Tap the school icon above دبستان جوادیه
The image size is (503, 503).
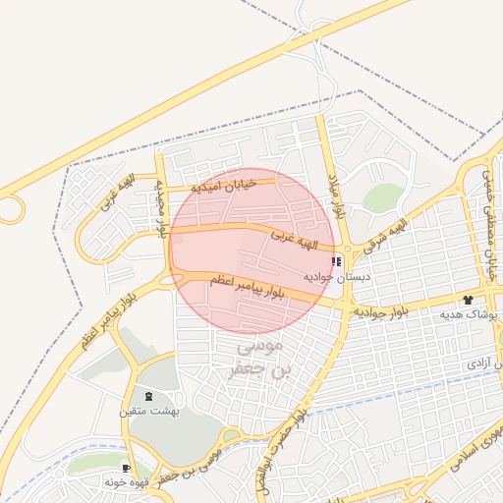[x=337, y=262]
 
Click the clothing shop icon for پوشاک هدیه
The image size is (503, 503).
[x=468, y=298]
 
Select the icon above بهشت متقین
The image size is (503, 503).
[x=148, y=396]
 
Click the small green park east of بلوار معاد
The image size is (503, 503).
[x=382, y=197]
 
